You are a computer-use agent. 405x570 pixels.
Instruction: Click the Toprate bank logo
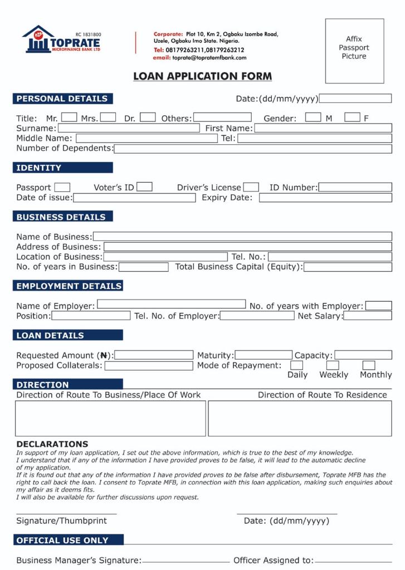click(x=61, y=40)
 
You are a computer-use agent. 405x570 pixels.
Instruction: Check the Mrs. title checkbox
click(x=108, y=117)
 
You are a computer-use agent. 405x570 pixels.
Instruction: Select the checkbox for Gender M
click(x=313, y=117)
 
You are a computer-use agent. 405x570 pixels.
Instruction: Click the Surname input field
click(x=129, y=128)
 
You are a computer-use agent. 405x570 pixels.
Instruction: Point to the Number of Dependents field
click(x=253, y=148)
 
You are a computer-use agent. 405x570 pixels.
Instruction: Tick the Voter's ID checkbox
click(x=145, y=187)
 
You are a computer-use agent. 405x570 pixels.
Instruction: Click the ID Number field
click(x=355, y=187)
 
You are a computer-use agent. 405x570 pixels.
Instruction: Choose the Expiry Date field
click(x=325, y=198)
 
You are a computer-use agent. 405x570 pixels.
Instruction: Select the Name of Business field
click(x=242, y=237)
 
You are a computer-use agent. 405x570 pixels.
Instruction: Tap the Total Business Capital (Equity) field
click(x=348, y=267)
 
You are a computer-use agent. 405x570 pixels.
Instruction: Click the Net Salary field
click(x=368, y=316)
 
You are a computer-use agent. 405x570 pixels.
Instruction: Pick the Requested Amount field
click(x=153, y=355)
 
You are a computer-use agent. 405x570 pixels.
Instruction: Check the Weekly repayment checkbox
click(x=333, y=366)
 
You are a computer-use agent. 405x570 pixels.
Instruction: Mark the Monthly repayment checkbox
click(x=369, y=366)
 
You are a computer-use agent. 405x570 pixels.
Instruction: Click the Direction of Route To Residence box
click(x=300, y=418)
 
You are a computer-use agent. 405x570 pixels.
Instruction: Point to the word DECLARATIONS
click(x=52, y=444)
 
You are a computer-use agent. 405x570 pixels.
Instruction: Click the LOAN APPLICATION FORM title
click(x=202, y=76)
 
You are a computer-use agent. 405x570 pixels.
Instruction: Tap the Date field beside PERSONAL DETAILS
click(x=355, y=99)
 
